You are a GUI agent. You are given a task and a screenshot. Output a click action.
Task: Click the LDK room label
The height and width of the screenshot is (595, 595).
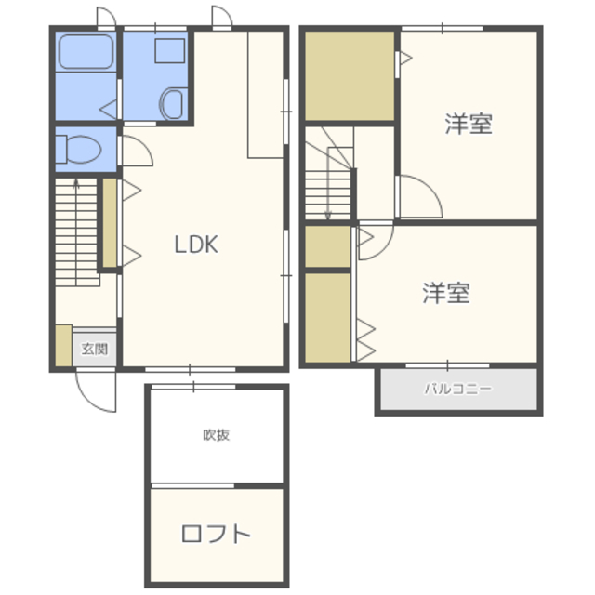tap(196, 245)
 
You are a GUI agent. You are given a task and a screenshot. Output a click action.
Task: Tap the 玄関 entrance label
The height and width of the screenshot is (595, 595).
tap(94, 350)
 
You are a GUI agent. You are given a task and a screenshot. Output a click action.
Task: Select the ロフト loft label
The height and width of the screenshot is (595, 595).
tap(216, 535)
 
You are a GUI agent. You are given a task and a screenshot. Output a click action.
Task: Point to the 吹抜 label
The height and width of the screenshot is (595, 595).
tap(216, 434)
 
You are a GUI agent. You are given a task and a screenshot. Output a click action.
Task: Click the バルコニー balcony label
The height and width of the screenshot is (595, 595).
tap(458, 390)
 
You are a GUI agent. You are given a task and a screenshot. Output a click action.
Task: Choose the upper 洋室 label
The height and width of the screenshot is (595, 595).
tap(468, 124)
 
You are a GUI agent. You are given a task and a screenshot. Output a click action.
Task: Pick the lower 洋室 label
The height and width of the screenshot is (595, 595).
tap(446, 294)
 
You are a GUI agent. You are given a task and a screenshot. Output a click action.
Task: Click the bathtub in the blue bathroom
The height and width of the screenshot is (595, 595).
tap(86, 53)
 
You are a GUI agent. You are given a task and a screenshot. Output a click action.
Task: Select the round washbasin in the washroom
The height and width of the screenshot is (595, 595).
tap(172, 103)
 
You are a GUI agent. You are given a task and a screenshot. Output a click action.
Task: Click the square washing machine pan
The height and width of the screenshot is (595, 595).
tap(169, 52)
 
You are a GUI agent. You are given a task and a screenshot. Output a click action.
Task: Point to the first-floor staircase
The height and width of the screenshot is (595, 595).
tap(75, 232)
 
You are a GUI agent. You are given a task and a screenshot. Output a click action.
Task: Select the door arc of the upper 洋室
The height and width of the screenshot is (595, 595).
tap(415, 198)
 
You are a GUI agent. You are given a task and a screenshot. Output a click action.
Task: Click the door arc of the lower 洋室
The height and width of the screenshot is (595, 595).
tap(374, 243)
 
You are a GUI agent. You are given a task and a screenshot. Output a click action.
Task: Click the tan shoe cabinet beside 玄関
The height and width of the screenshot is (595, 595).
tap(63, 344)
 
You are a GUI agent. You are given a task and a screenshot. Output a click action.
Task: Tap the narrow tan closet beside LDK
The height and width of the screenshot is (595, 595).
tap(109, 222)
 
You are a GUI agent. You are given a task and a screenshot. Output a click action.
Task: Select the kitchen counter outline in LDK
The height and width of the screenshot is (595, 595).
tap(265, 93)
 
